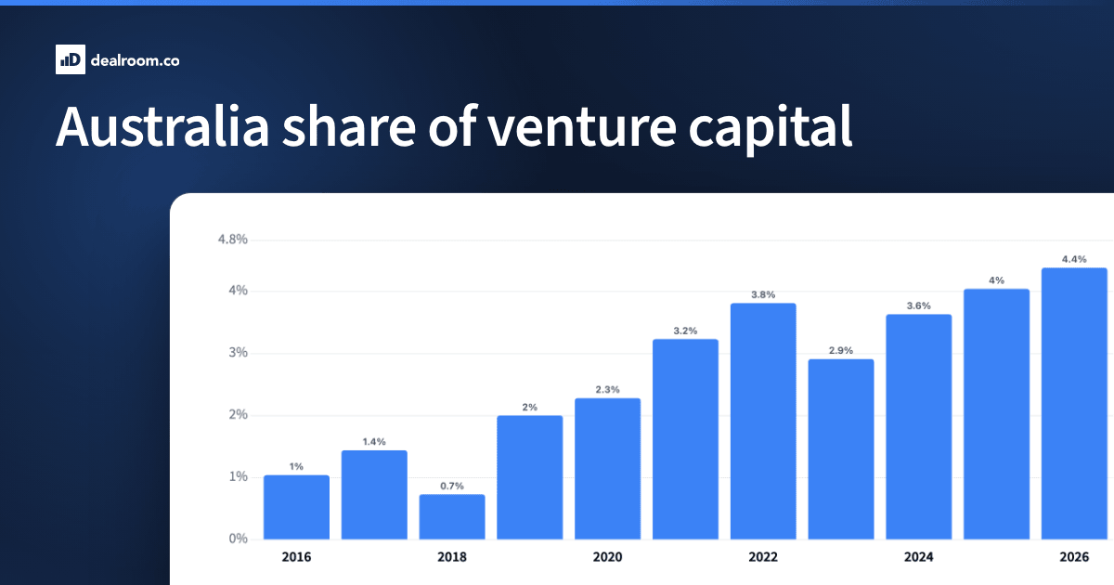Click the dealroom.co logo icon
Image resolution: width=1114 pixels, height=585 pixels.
click(x=71, y=59)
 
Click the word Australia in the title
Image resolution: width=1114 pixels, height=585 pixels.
click(x=162, y=127)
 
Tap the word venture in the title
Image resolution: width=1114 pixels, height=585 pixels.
click(x=581, y=128)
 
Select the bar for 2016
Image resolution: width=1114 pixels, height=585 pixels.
click(x=296, y=507)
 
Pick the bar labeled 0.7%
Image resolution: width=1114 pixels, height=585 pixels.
click(x=452, y=517)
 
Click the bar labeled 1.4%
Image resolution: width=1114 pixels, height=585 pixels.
click(x=374, y=495)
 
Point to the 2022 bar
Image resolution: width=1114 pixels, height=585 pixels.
click(x=763, y=422)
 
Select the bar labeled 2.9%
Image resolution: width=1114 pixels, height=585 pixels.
click(x=841, y=449)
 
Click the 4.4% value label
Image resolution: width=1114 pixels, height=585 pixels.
click(x=1074, y=259)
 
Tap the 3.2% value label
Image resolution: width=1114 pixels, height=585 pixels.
click(x=685, y=331)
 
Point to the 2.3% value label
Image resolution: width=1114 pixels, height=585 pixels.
click(x=608, y=389)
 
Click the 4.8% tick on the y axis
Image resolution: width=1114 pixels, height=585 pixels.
click(x=233, y=240)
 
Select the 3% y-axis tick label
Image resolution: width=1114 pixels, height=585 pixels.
click(x=239, y=353)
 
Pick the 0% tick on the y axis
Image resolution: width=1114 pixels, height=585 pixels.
click(x=239, y=539)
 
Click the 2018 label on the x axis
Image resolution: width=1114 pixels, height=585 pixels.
click(x=452, y=557)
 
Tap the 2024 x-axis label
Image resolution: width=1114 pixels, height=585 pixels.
click(x=918, y=557)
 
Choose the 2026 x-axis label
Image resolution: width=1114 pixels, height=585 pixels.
click(x=1074, y=557)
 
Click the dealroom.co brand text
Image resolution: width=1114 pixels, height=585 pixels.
click(x=135, y=60)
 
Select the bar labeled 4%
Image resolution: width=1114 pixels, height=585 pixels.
click(x=997, y=414)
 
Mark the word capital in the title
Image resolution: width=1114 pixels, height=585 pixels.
click(x=771, y=128)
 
